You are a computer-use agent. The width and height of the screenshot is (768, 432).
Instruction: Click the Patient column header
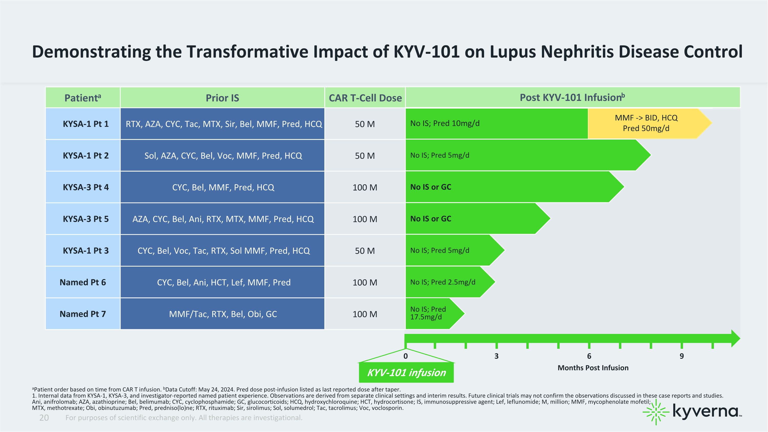pyautogui.click(x=83, y=98)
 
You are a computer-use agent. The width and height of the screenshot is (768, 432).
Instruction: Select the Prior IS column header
pyautogui.click(x=222, y=98)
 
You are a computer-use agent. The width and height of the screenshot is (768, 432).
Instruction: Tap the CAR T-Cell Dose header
pyautogui.click(x=365, y=98)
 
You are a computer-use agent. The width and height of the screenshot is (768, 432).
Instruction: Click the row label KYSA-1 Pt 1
pyautogui.click(x=86, y=124)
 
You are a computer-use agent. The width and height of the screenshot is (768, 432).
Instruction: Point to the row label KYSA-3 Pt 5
pyautogui.click(x=86, y=219)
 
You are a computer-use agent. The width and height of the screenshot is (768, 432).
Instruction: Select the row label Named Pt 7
pyautogui.click(x=83, y=314)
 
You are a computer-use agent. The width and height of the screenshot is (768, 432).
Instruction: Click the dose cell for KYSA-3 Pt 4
pyautogui.click(x=365, y=187)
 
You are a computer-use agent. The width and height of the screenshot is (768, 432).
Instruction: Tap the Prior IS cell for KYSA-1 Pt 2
pyautogui.click(x=222, y=156)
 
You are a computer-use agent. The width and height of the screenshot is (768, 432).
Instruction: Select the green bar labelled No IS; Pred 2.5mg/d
pyautogui.click(x=450, y=282)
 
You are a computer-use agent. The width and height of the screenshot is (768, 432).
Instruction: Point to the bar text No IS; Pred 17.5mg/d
pyautogui.click(x=428, y=313)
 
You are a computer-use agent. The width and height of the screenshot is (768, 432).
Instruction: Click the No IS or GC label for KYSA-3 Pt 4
pyautogui.click(x=431, y=187)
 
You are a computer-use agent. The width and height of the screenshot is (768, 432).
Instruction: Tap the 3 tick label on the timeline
pyautogui.click(x=496, y=356)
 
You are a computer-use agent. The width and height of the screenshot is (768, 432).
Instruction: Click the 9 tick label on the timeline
pyautogui.click(x=681, y=356)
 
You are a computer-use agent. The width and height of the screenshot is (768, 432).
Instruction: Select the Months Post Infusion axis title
pyautogui.click(x=593, y=368)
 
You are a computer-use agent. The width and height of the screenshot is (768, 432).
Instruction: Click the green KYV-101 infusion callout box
pyautogui.click(x=406, y=373)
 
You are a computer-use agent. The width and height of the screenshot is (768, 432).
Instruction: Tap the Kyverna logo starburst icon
pyautogui.click(x=656, y=412)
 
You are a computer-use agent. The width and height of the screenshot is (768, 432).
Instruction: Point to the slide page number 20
pyautogui.click(x=44, y=418)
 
